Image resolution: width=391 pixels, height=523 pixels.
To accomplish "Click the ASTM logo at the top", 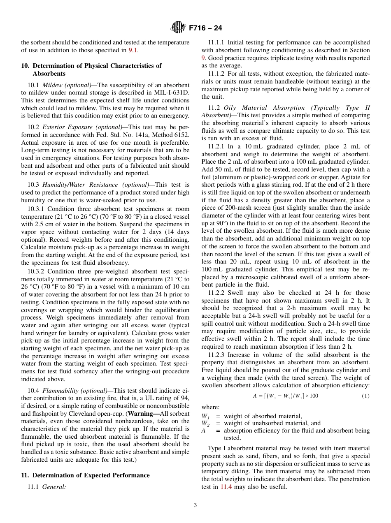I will click(x=178, y=28).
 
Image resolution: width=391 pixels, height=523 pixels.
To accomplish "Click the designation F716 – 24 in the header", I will click(x=205, y=28).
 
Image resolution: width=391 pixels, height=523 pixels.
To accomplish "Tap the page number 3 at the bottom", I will click(x=195, y=505).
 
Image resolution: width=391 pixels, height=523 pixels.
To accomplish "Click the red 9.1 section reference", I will click(x=133, y=50).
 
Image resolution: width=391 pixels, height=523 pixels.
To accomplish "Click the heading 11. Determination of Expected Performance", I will click(x=85, y=475).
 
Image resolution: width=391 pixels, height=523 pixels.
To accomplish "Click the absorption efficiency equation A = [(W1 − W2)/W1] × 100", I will click(x=285, y=396).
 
